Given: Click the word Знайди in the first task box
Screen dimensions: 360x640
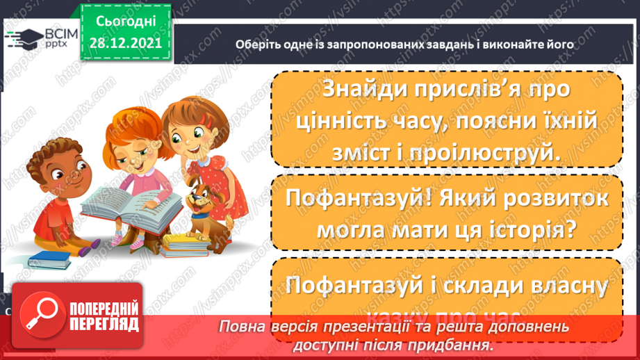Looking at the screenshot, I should (368, 90).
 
